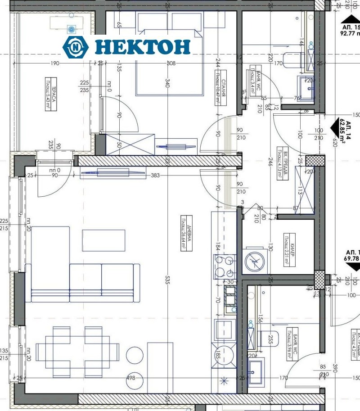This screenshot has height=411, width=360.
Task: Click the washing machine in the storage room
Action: pyautogui.click(x=255, y=261)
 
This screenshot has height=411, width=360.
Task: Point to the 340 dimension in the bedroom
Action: pyautogui.click(x=167, y=84)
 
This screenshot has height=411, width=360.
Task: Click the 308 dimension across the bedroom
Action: pyautogui.click(x=171, y=63)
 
